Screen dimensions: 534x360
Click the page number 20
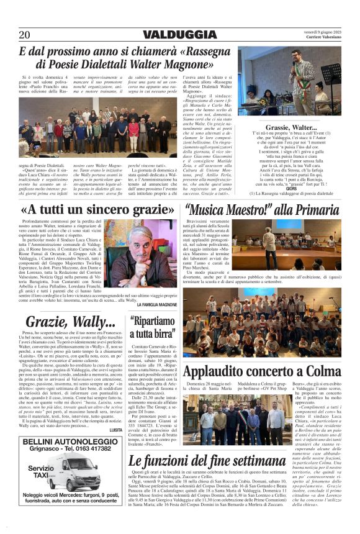(x=24, y=35)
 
